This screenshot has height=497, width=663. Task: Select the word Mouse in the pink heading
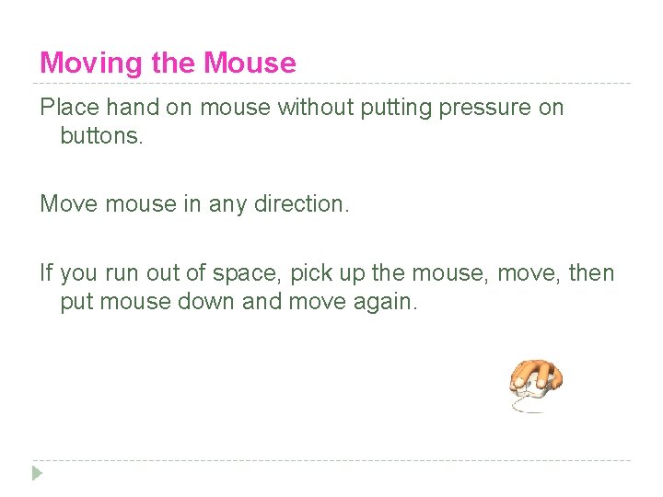pyautogui.click(x=250, y=64)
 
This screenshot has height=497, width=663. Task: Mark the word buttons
pyautogui.click(x=101, y=137)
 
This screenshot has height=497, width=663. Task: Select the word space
pyautogui.click(x=237, y=273)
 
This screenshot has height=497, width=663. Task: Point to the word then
pyautogui.click(x=590, y=273)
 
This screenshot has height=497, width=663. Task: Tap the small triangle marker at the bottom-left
pyautogui.click(x=37, y=473)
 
